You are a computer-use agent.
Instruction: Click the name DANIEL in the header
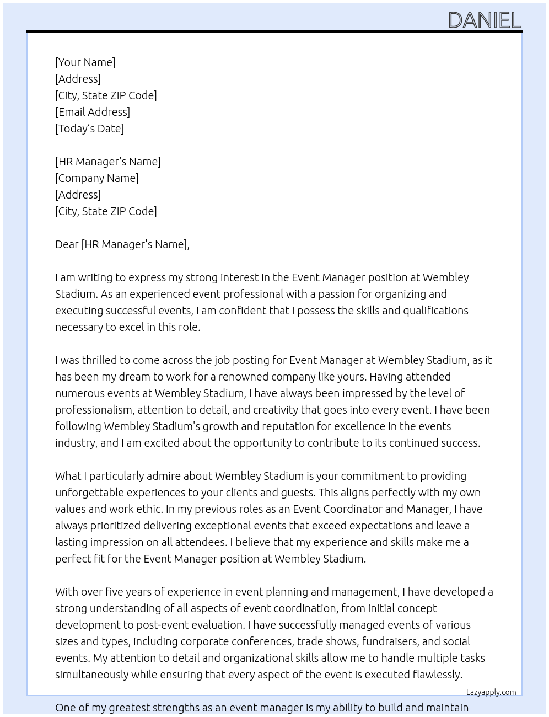[485, 20]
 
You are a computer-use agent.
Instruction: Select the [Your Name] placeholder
[85, 62]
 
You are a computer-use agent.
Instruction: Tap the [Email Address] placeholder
[93, 112]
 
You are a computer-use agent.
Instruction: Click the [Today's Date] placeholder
[89, 129]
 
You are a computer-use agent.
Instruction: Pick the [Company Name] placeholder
[97, 178]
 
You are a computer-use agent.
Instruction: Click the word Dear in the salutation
[67, 244]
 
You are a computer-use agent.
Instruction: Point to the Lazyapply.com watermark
[491, 692]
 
